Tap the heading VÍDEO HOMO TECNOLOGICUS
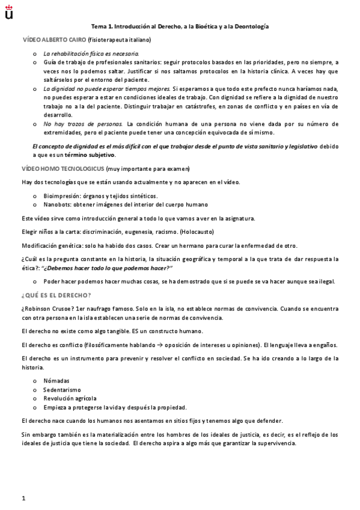[x=55, y=168]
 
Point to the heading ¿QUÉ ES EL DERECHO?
[x=56, y=295]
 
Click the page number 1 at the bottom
[x=23, y=498]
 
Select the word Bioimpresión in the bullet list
[x=63, y=196]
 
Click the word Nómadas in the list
[x=56, y=380]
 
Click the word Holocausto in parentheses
[x=193, y=232]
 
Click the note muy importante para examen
[x=131, y=168]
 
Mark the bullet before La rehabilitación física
[x=34, y=54]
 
